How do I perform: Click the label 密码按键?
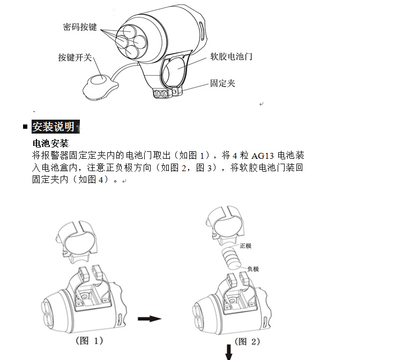[x=80, y=27]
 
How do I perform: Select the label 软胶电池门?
[x=231, y=56]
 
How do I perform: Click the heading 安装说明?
[x=54, y=127]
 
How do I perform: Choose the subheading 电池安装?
[x=51, y=143]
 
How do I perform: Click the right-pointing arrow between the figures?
[x=150, y=319]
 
